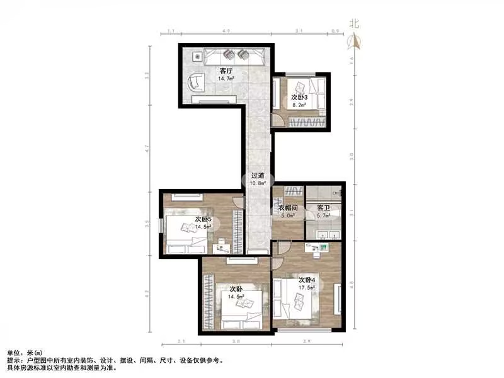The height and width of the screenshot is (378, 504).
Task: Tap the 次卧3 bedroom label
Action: tap(299, 98)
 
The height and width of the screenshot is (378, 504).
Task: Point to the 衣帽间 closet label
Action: tap(287, 208)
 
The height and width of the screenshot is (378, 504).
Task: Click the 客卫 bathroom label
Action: tap(323, 208)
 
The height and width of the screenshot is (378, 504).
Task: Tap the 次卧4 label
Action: tap(307, 280)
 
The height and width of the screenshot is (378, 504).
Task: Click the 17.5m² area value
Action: tap(307, 288)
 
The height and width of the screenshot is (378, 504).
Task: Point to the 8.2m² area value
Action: tap(299, 106)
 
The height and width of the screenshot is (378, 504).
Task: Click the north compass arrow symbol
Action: tap(355, 40)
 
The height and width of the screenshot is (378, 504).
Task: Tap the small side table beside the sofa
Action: tap(197, 56)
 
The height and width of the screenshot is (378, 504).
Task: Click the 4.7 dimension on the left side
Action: tap(146, 149)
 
